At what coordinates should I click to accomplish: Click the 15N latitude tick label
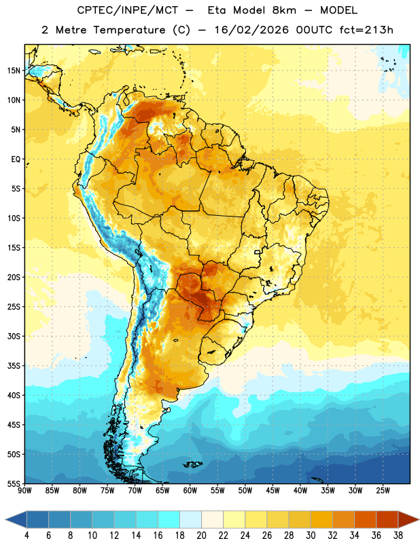click(14, 71)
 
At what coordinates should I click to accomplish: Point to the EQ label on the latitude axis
click(16, 160)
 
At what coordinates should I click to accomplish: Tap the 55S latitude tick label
click(14, 483)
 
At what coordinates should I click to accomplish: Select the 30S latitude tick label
click(14, 336)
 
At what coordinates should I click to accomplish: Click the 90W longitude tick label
click(24, 491)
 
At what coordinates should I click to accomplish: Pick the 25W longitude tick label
click(383, 491)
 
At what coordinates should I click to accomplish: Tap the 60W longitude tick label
click(190, 491)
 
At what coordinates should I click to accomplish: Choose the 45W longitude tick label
click(273, 491)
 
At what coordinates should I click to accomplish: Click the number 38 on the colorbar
click(398, 536)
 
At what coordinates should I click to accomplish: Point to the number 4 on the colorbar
click(27, 536)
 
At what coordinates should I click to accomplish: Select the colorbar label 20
click(201, 536)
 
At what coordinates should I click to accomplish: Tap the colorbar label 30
click(311, 536)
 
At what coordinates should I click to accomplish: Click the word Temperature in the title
click(129, 30)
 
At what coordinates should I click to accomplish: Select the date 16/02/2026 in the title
click(251, 30)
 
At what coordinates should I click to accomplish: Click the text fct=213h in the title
click(366, 30)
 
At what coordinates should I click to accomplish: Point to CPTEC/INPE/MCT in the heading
click(128, 10)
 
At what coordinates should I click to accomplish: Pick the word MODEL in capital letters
click(338, 10)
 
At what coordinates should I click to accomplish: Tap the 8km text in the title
click(284, 10)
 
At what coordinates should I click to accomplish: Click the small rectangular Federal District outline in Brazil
click(258, 252)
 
